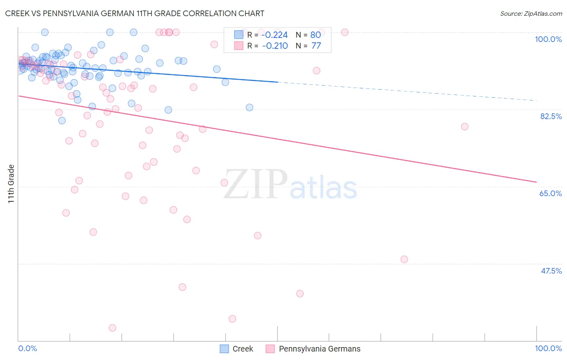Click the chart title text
[x=135, y=13]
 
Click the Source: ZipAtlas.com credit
[x=531, y=14]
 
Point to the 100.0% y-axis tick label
[x=548, y=39]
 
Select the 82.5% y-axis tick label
[x=550, y=116]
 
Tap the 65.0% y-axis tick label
[x=550, y=193]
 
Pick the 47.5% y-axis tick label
[x=551, y=271]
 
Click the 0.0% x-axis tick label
[x=27, y=348]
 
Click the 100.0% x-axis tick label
[x=548, y=348]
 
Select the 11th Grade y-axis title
[x=11, y=184]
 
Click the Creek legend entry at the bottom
[x=242, y=349]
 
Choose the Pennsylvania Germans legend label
[x=319, y=349]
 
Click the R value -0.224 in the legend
[x=275, y=35]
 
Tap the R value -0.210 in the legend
[x=275, y=46]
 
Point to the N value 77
[x=316, y=46]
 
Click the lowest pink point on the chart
[x=113, y=328]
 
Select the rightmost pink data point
[x=465, y=127]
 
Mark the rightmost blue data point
[x=250, y=107]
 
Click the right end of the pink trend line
[x=536, y=182]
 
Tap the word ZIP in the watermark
[x=256, y=184]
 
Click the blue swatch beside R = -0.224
[x=239, y=35]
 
